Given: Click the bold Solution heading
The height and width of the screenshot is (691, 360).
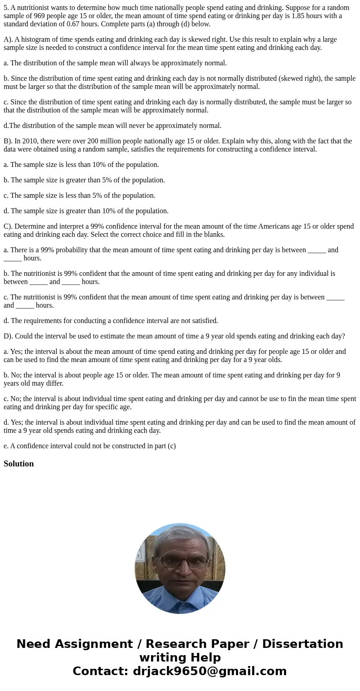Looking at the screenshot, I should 19,464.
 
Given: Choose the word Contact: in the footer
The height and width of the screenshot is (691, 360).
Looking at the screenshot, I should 100,671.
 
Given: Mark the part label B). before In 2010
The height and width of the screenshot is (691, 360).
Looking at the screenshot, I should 8,141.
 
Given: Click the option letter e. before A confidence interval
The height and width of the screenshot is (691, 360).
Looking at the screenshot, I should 6,446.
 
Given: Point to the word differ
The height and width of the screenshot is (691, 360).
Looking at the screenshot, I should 55,383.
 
